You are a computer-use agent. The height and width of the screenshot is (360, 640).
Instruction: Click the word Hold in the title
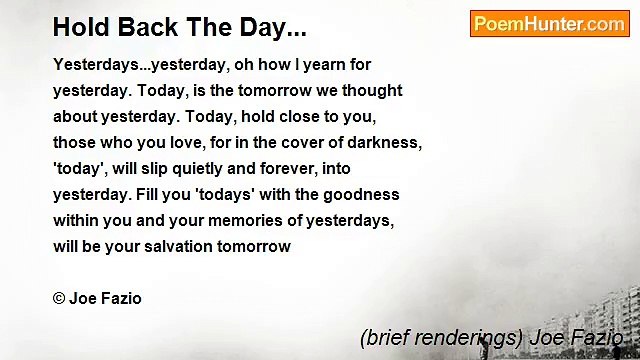click(x=78, y=27)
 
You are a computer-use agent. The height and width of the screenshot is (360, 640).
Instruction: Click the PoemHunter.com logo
click(x=549, y=24)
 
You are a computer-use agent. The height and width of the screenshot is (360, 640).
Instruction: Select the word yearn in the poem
click(x=303, y=64)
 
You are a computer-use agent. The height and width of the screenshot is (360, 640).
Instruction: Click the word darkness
click(x=386, y=142)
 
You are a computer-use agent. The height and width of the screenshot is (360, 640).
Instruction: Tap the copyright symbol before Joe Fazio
click(x=59, y=298)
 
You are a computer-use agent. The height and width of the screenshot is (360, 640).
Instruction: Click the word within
click(x=76, y=220)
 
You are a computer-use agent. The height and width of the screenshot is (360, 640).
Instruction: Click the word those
click(x=75, y=142)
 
